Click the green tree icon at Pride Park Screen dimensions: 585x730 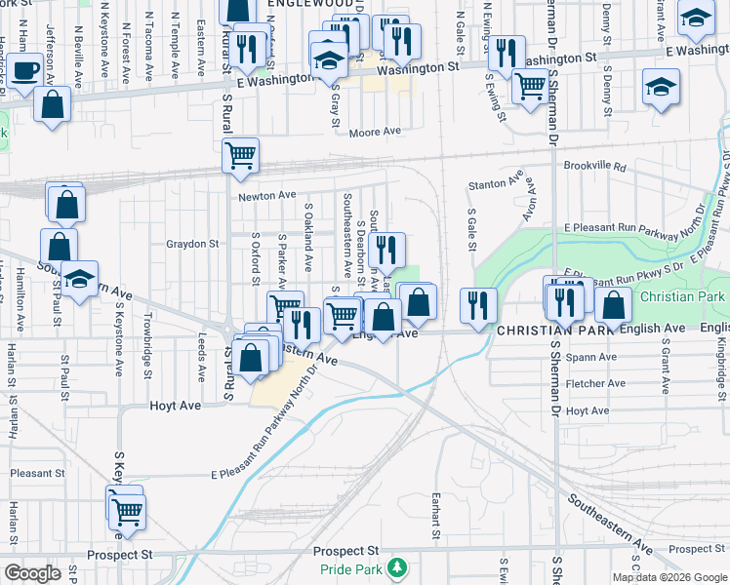[396, 566]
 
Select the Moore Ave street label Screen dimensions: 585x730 [376, 132]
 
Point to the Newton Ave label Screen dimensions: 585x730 [266, 196]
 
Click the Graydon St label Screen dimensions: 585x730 [192, 244]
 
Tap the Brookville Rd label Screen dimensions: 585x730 [594, 167]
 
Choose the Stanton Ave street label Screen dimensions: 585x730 [495, 183]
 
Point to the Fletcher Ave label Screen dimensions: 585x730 [594, 385]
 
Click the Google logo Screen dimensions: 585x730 [32, 573]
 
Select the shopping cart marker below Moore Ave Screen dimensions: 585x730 [240, 154]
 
